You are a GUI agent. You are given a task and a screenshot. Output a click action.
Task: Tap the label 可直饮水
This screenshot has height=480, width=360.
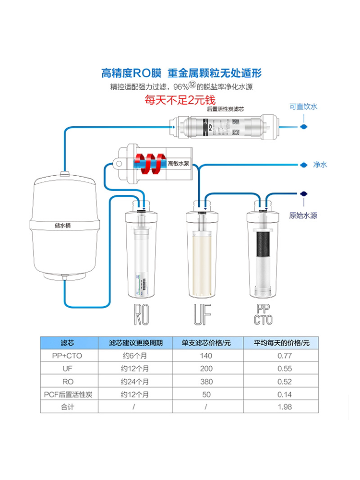click(303, 107)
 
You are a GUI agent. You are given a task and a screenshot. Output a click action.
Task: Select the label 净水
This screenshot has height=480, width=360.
click(320, 165)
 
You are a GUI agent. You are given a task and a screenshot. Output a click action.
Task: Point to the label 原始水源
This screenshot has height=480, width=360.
click(303, 216)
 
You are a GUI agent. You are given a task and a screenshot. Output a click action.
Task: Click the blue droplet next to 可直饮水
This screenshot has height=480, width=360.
click(303, 127)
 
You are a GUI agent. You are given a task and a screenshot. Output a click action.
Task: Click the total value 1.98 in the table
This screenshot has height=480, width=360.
click(285, 407)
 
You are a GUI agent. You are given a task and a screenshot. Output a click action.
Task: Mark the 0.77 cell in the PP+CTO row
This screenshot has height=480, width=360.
click(285, 356)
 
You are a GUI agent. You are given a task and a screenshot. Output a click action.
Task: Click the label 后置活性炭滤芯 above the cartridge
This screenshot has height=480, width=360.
click(225, 109)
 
